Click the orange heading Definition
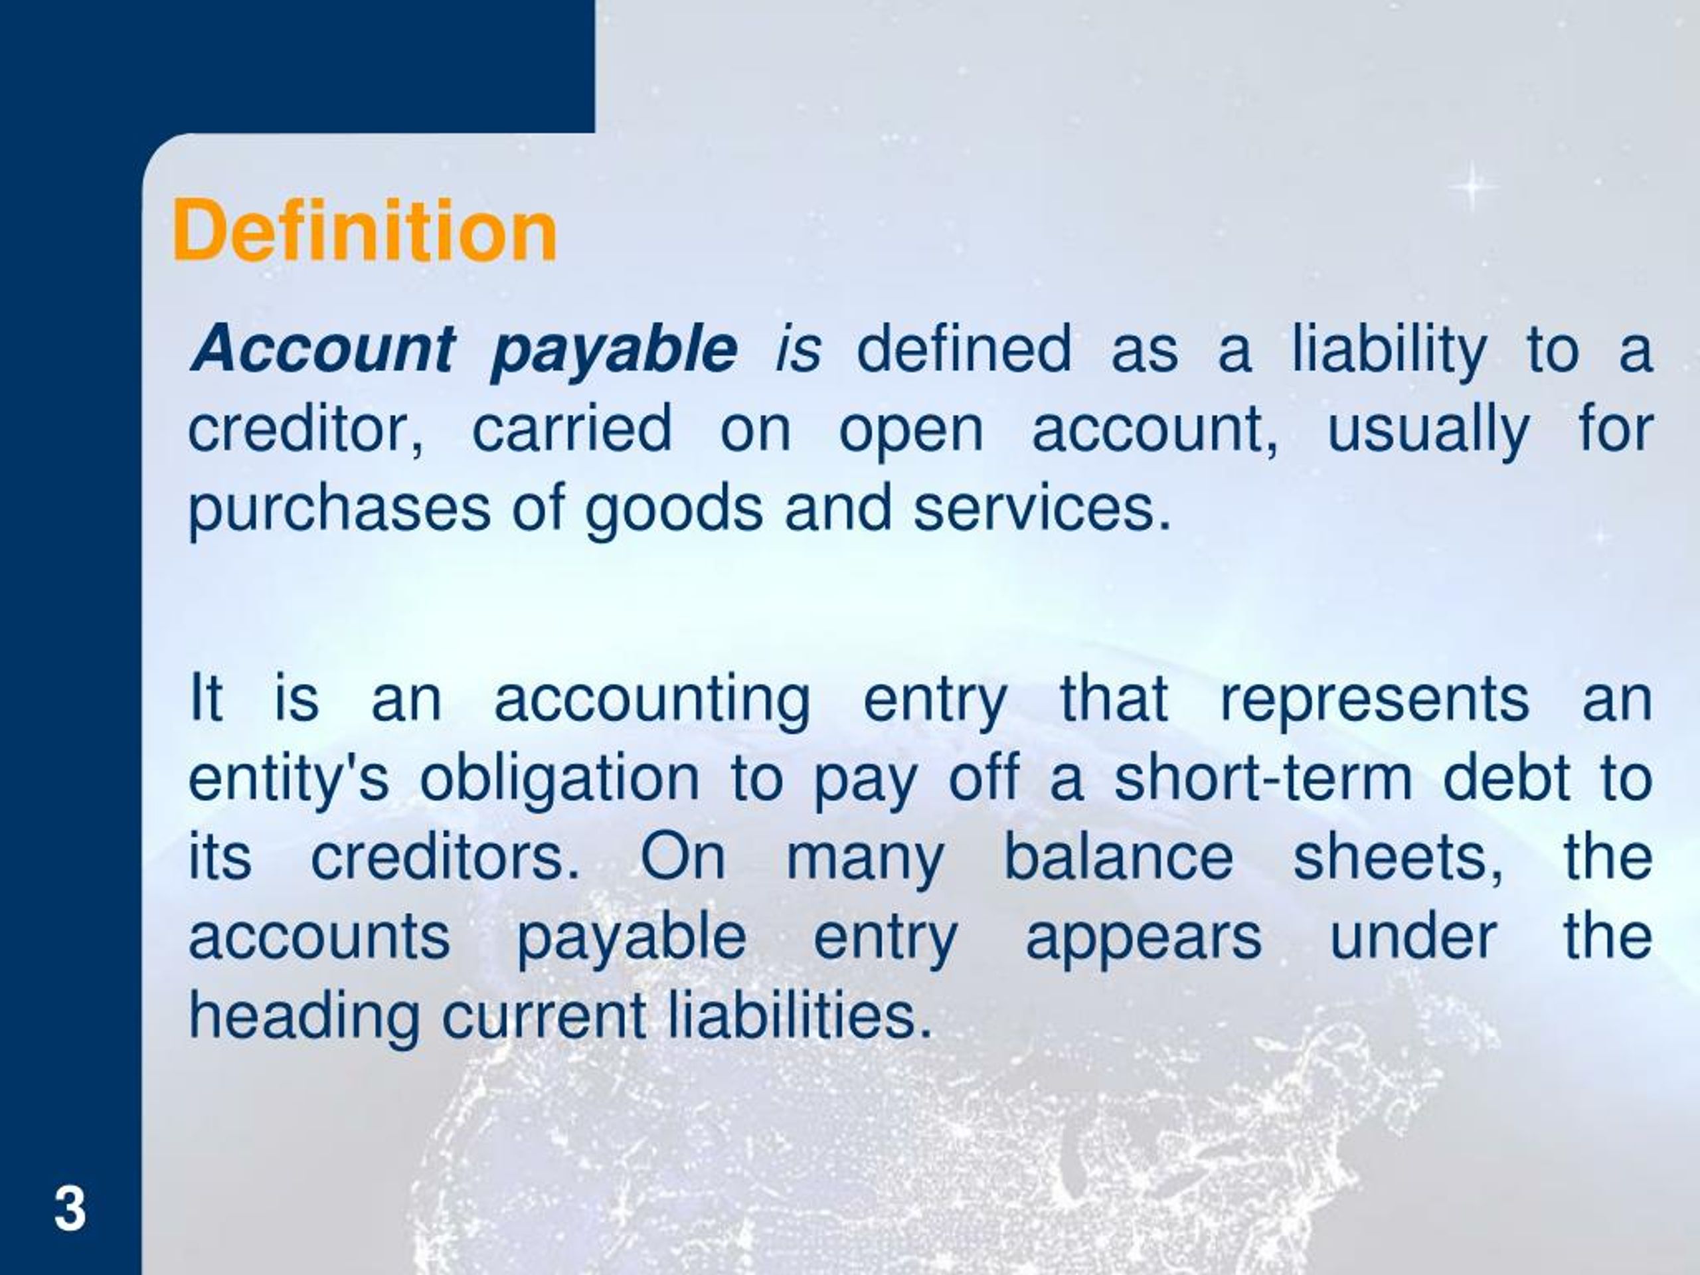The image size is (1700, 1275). point(365,230)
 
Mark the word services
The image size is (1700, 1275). point(1041,508)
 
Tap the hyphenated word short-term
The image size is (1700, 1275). point(1262,778)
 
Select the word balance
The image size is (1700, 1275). point(1119,857)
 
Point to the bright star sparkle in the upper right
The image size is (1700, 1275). point(1472,187)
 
